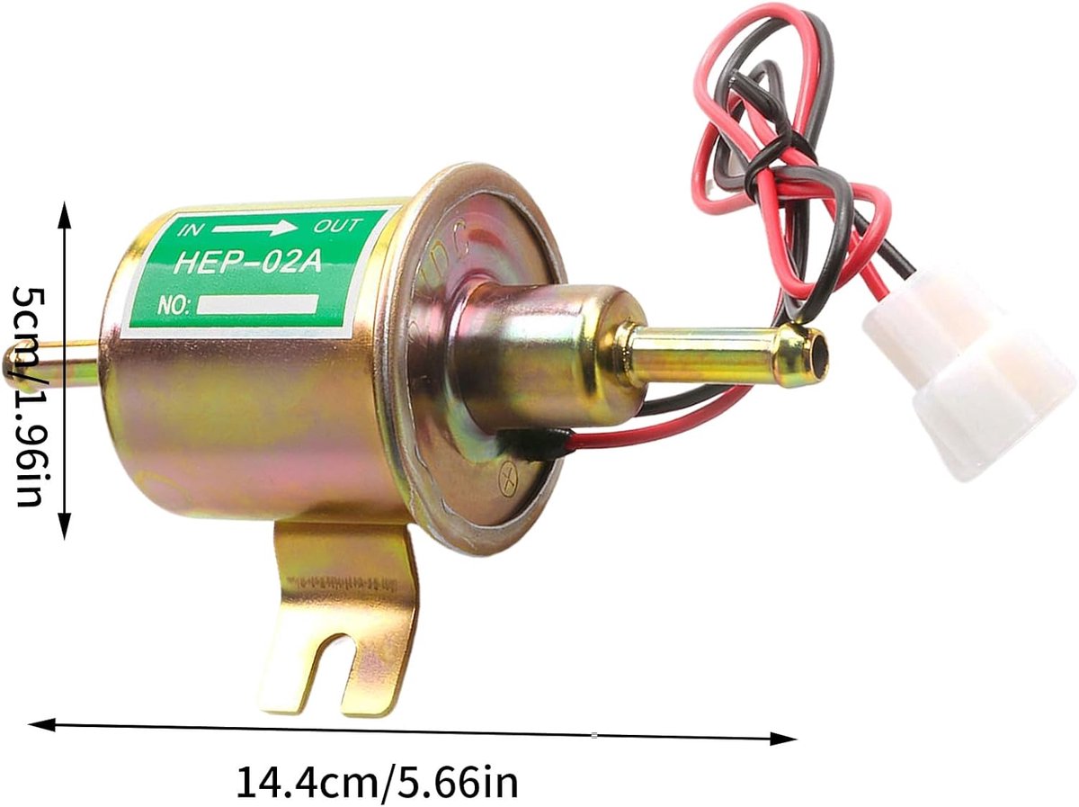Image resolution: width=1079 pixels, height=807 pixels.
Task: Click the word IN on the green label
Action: click(189, 229)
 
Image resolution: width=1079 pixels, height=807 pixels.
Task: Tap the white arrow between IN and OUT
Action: click(255, 228)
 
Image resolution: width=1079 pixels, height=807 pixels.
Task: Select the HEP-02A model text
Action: click(248, 262)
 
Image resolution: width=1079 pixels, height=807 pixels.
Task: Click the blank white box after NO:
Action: click(257, 304)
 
